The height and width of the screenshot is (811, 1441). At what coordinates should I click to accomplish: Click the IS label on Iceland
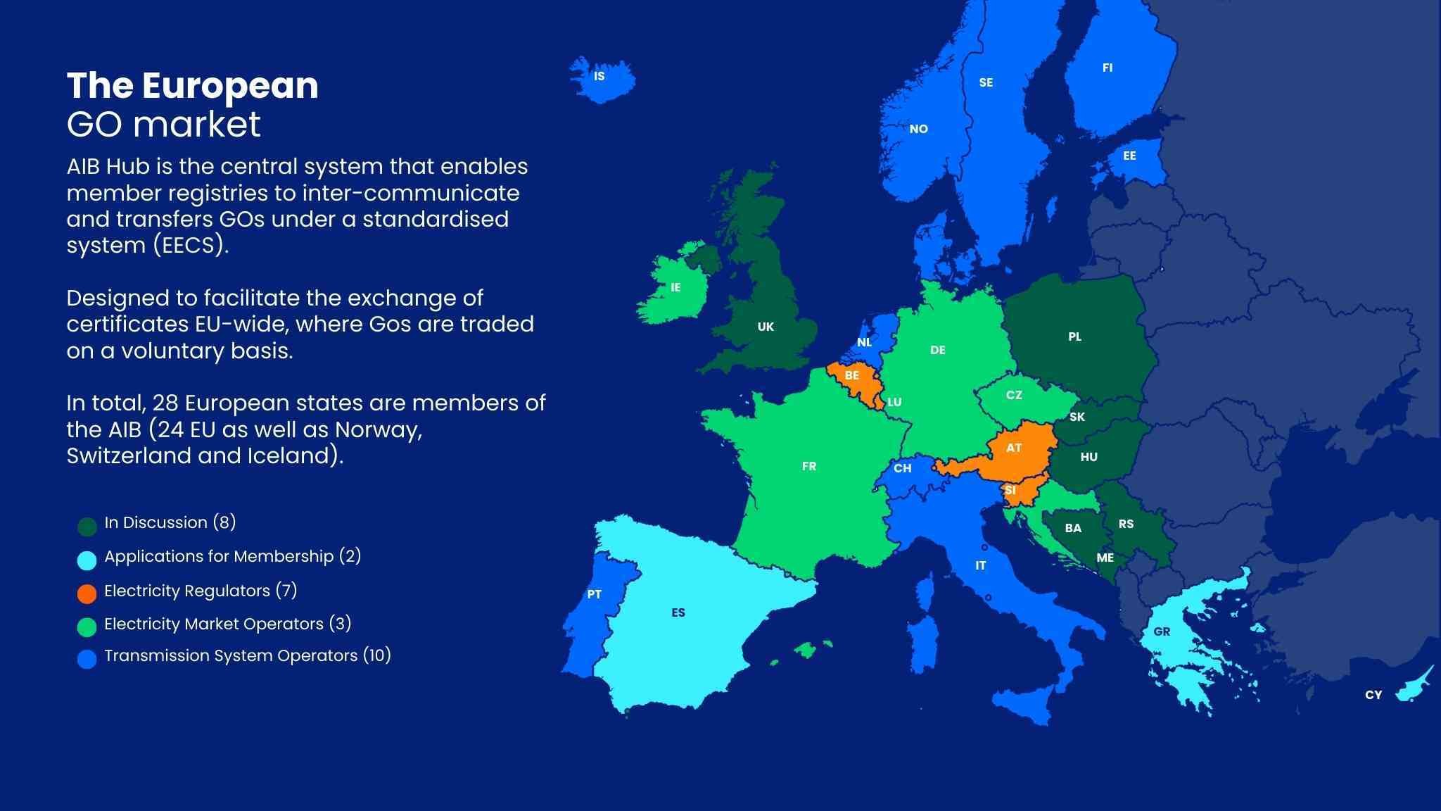tap(599, 76)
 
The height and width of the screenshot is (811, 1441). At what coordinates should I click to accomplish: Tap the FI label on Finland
tap(1107, 68)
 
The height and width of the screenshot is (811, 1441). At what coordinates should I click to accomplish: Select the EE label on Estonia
tap(1129, 156)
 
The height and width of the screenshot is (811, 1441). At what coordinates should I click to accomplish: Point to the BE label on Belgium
tap(851, 375)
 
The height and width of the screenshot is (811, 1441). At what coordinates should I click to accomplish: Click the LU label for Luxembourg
tap(894, 402)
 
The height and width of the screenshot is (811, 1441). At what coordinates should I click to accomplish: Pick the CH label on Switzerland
tap(902, 468)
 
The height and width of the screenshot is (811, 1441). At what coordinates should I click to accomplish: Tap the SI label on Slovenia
tap(1010, 490)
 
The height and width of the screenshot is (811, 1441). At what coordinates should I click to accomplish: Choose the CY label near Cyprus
tap(1373, 695)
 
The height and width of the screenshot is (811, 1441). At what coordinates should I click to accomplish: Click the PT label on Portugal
tap(595, 594)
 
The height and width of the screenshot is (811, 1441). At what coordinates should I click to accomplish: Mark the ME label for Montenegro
tap(1105, 558)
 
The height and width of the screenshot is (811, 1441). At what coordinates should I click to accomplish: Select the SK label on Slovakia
tap(1077, 417)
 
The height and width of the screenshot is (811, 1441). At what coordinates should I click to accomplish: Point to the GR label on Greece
tap(1162, 631)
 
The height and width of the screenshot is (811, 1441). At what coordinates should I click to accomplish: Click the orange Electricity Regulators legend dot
tap(87, 593)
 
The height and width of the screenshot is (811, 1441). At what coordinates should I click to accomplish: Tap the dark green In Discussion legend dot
tap(87, 526)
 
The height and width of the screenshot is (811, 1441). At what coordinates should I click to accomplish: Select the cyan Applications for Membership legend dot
tap(87, 560)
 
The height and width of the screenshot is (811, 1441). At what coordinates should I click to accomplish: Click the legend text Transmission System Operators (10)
tap(247, 655)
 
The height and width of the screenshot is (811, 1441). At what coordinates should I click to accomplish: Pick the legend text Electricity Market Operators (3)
tap(227, 624)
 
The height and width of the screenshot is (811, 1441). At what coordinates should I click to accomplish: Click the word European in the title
tap(230, 86)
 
